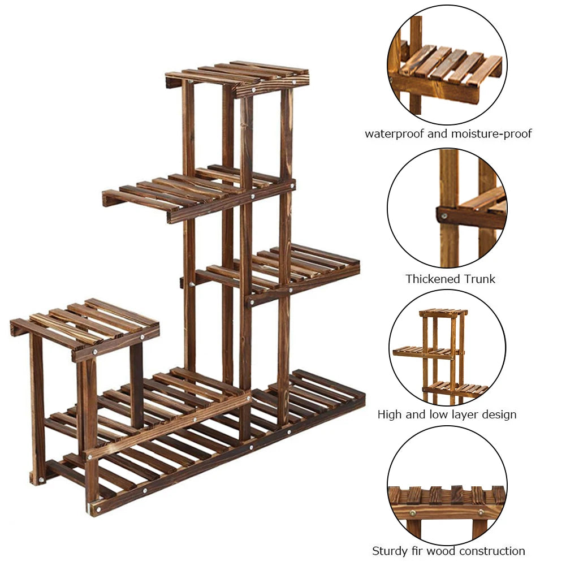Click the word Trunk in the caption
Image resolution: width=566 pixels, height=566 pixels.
479,279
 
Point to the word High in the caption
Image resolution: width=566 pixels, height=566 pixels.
390,414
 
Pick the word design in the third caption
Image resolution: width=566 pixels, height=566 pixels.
497,414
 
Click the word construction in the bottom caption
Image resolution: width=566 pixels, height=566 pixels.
491,551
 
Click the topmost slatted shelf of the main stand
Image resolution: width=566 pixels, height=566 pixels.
237,75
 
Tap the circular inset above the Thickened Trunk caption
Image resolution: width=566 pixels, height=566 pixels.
447,208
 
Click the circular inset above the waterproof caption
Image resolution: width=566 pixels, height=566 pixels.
447,65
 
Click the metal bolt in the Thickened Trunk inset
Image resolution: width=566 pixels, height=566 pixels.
444,215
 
